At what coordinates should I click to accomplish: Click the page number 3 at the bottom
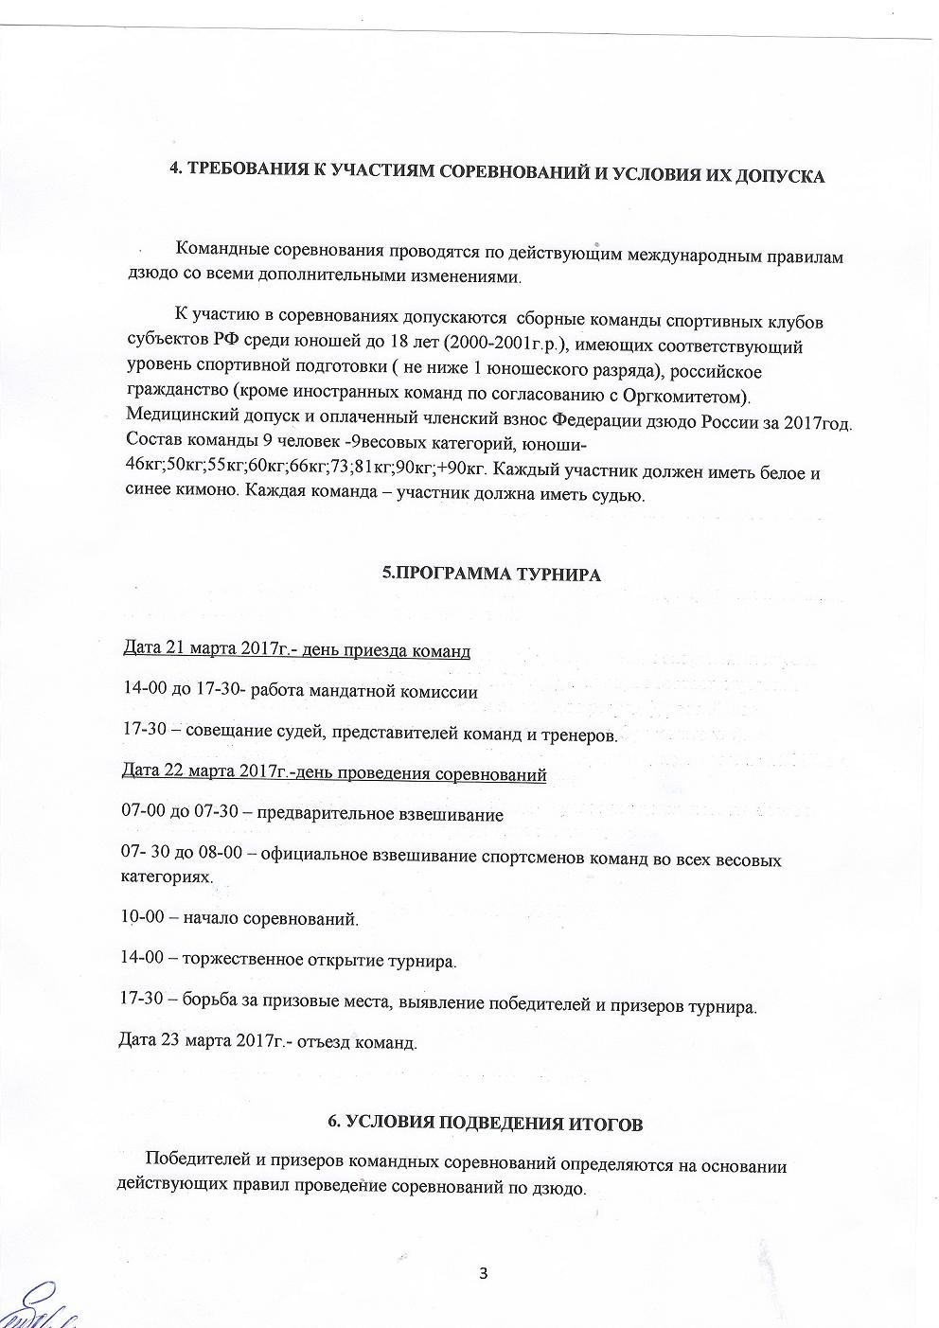tap(483, 1272)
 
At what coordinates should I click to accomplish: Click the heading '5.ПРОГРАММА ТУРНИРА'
tap(491, 574)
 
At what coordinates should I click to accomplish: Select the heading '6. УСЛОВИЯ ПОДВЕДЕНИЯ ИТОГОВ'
tap(485, 1123)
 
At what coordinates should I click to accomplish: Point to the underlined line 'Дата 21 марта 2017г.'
tap(297, 650)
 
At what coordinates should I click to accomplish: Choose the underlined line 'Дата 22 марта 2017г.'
tap(335, 773)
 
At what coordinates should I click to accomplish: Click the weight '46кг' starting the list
tap(144, 470)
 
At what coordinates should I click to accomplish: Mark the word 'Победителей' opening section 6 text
tap(196, 1165)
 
